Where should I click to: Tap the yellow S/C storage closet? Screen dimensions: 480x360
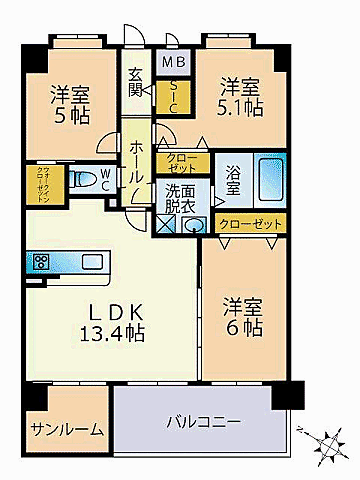(172, 96)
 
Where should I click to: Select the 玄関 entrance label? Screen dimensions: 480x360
(137, 88)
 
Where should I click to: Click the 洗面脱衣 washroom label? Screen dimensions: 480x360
(181, 198)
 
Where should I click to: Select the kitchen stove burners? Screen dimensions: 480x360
(43, 262)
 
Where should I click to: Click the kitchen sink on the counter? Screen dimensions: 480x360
(90, 262)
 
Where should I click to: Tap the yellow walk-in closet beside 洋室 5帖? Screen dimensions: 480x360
(37, 183)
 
